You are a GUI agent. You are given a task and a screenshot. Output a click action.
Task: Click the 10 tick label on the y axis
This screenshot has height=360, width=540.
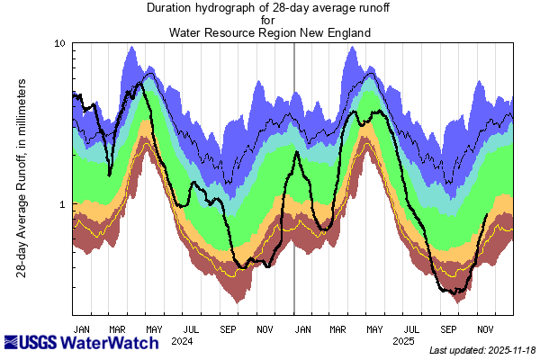point(60,43)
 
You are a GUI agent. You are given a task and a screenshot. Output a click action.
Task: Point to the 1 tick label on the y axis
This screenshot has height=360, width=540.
point(63,204)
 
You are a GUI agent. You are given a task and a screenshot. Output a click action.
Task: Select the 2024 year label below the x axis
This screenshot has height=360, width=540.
point(183,341)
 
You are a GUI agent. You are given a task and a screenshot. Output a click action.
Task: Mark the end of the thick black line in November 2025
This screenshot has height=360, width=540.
point(487,214)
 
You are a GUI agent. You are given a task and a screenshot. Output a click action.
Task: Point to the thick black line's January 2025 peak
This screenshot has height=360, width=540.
point(296,152)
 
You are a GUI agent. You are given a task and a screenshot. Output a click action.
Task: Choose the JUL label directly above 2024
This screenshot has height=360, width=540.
point(191,329)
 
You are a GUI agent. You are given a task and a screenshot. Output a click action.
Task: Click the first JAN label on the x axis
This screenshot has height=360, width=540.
point(81,329)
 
